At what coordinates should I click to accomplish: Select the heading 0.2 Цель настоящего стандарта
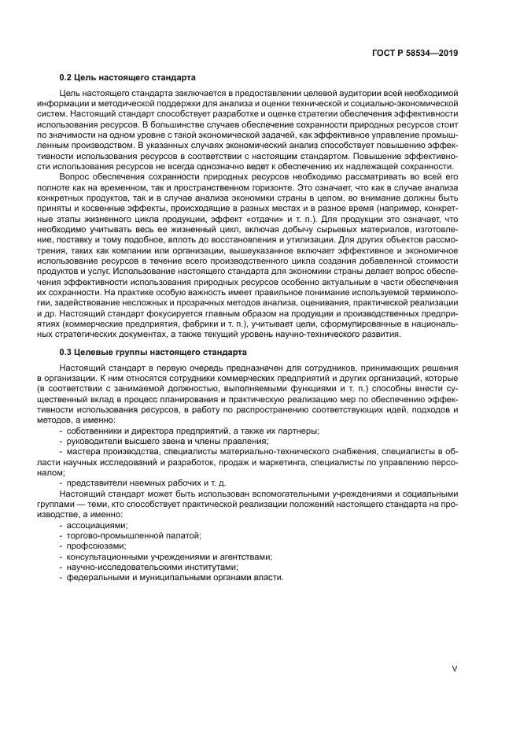[x=127, y=77]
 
